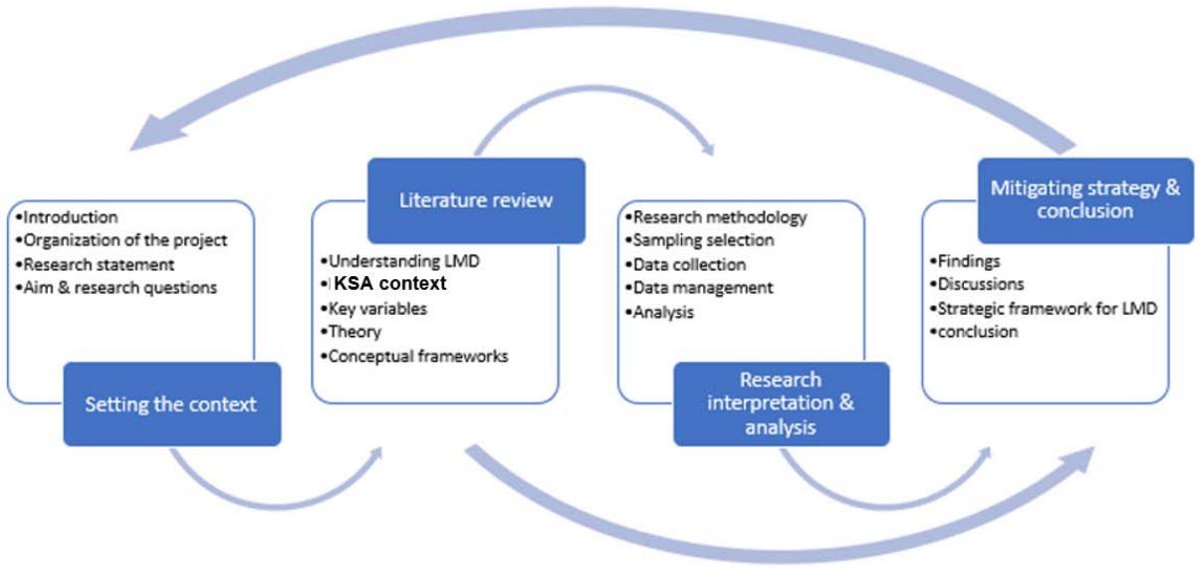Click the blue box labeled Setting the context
pos(171,404)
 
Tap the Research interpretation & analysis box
pos(781,404)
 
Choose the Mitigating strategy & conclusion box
pos(1084,199)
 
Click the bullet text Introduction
pos(70,216)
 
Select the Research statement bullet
pos(99,264)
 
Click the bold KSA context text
pos(390,284)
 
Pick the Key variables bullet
pos(377,308)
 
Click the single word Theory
pos(355,332)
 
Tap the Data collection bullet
pos(689,264)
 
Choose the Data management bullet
pos(703,288)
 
